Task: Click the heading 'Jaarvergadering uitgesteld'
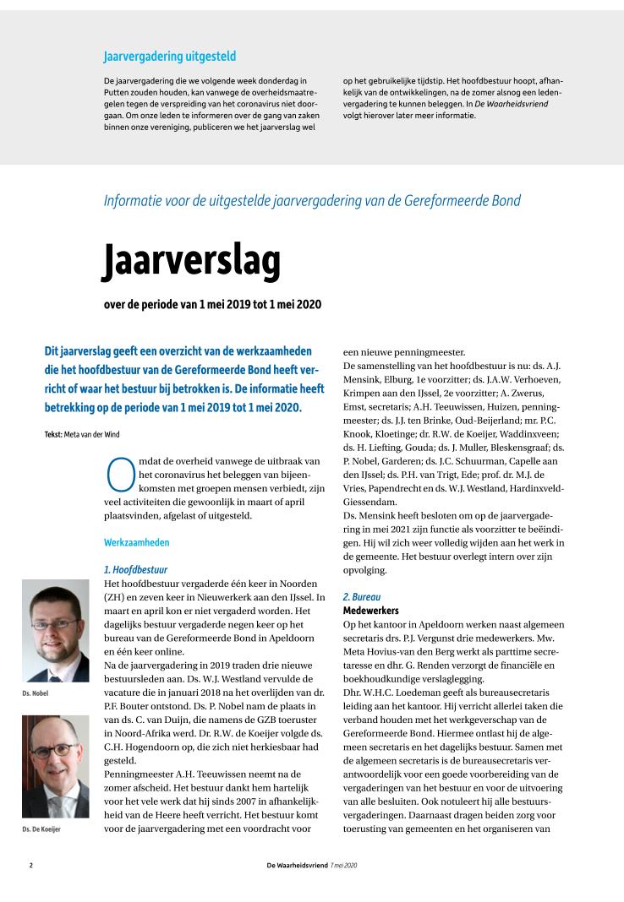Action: point(169,57)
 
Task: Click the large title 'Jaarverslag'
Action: point(191,260)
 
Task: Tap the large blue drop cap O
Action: point(118,475)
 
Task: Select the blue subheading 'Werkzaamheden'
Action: point(136,541)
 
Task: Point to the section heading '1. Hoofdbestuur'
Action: point(135,570)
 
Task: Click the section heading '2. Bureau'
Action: point(362,596)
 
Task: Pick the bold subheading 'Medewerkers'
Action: point(370,610)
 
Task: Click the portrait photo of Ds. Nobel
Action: point(56,630)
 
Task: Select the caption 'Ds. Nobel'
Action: point(36,693)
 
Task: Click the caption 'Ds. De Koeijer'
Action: point(41,829)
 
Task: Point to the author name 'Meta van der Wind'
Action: point(96,433)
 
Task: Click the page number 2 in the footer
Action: point(30,866)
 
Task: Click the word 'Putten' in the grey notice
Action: point(118,92)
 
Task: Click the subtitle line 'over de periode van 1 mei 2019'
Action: point(211,304)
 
